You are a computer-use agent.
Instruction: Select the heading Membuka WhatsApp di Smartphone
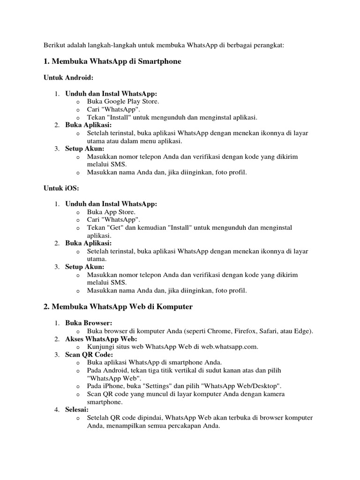[x=117, y=61]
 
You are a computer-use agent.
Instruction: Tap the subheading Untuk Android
[x=65, y=78]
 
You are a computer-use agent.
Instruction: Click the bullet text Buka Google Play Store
[x=123, y=101]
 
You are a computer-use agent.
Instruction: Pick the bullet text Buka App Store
[x=111, y=212]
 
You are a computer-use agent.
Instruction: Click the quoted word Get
[x=113, y=227]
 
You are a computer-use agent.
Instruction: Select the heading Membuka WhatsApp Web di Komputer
[x=122, y=307]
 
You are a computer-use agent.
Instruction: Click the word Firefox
[x=244, y=331]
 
